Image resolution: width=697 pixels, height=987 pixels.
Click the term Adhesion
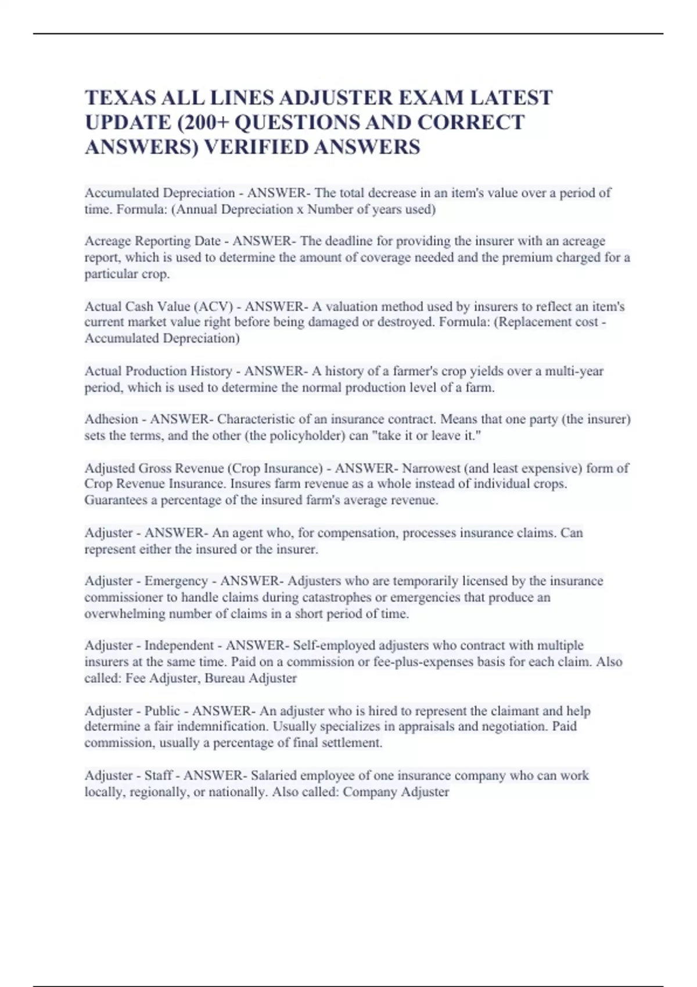click(x=111, y=419)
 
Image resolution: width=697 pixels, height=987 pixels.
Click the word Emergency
click(x=175, y=581)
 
